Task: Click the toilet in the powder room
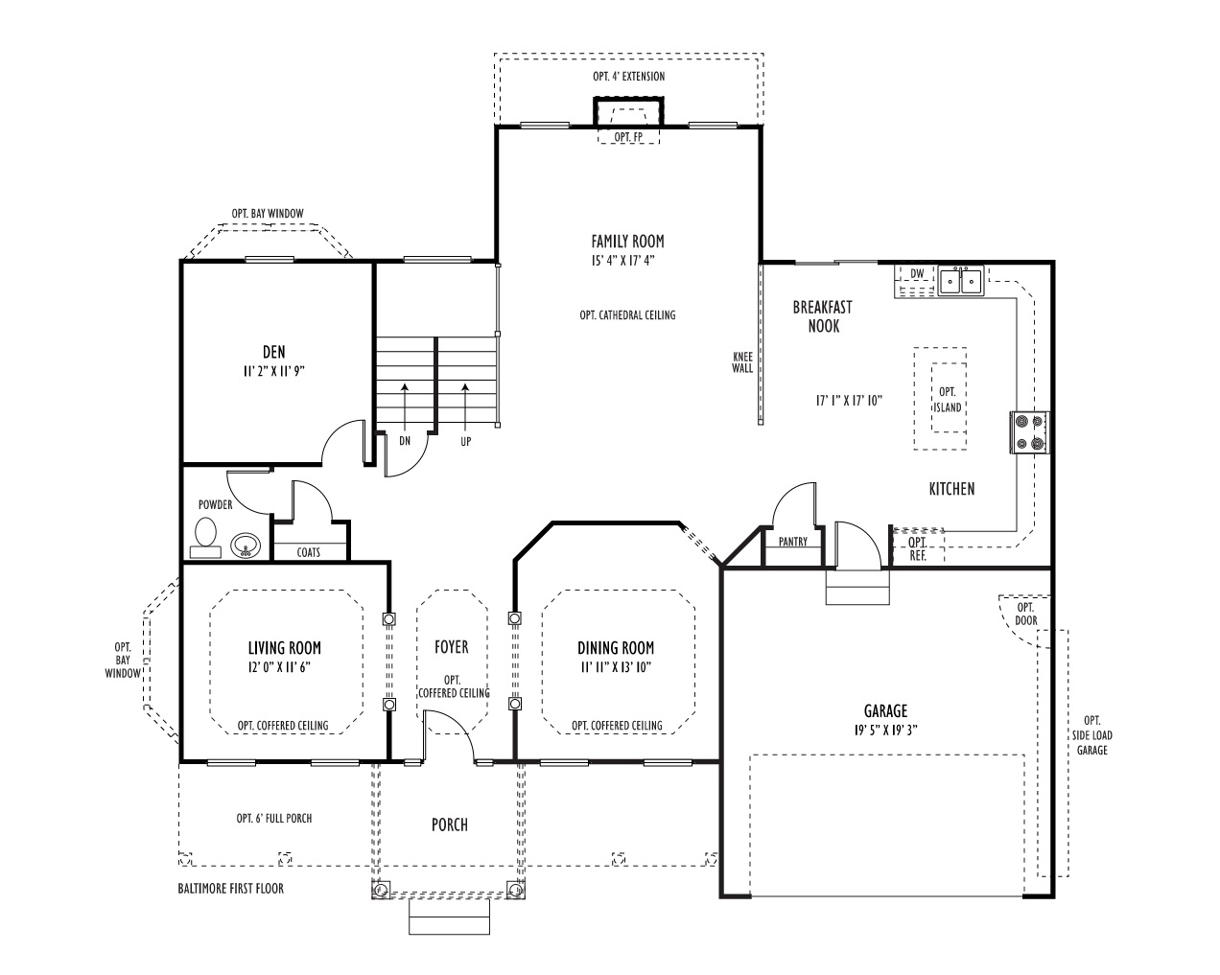[205, 538]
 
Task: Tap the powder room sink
[246, 546]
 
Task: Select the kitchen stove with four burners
[1030, 432]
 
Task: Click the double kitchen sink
[960, 281]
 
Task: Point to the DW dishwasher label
[917, 274]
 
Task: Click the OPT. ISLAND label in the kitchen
[948, 400]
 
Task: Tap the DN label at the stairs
[404, 440]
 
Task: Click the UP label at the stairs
[465, 441]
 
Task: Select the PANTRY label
[792, 542]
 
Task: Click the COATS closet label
[309, 552]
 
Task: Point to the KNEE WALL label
[742, 362]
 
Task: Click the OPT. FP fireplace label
[629, 137]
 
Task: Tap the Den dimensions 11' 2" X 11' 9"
[273, 371]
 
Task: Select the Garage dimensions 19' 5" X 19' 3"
[885, 731]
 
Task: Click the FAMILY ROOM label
[627, 242]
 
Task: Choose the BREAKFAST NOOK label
[823, 316]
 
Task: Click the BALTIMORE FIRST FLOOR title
[231, 889]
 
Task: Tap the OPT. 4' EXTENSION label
[629, 76]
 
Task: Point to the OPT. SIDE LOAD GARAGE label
[1091, 735]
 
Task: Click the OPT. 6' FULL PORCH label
[273, 818]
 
